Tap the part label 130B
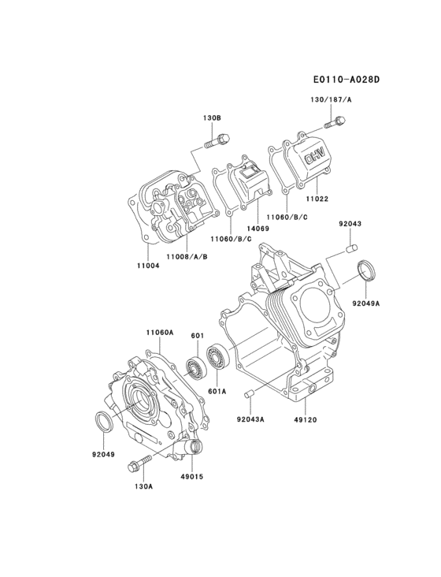211,117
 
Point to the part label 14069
258,229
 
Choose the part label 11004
148,266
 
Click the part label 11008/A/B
187,256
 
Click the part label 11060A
159,333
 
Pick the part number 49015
191,475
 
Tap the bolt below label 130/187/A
335,123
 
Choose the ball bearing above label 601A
217,359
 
